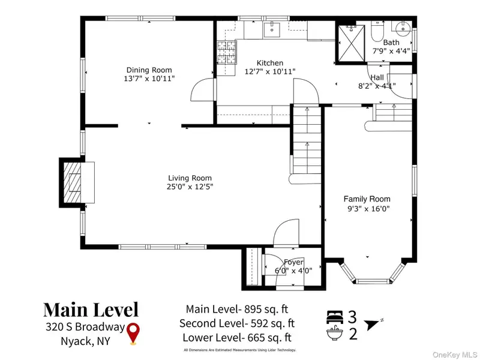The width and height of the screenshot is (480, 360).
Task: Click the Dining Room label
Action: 149,70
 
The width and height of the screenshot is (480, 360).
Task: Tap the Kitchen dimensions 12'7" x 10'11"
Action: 270,71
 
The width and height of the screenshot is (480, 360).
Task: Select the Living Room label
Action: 190,178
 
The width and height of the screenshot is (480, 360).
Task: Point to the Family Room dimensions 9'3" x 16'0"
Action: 367,209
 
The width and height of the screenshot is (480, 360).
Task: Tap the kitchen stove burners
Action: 227,52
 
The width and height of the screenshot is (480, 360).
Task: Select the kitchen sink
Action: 272,29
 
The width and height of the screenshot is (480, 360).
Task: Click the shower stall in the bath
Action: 351,43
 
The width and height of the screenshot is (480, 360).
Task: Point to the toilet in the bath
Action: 377,31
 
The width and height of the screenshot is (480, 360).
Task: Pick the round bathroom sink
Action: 403,29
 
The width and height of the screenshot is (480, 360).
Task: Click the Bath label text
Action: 391,42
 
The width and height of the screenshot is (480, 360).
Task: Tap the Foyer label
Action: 293,262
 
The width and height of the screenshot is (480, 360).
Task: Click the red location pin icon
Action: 133,333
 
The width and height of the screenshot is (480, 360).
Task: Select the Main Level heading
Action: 91,310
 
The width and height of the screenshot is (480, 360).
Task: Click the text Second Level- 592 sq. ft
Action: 237,323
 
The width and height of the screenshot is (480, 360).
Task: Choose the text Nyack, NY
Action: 85,341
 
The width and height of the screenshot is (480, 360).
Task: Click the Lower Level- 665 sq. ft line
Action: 237,338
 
